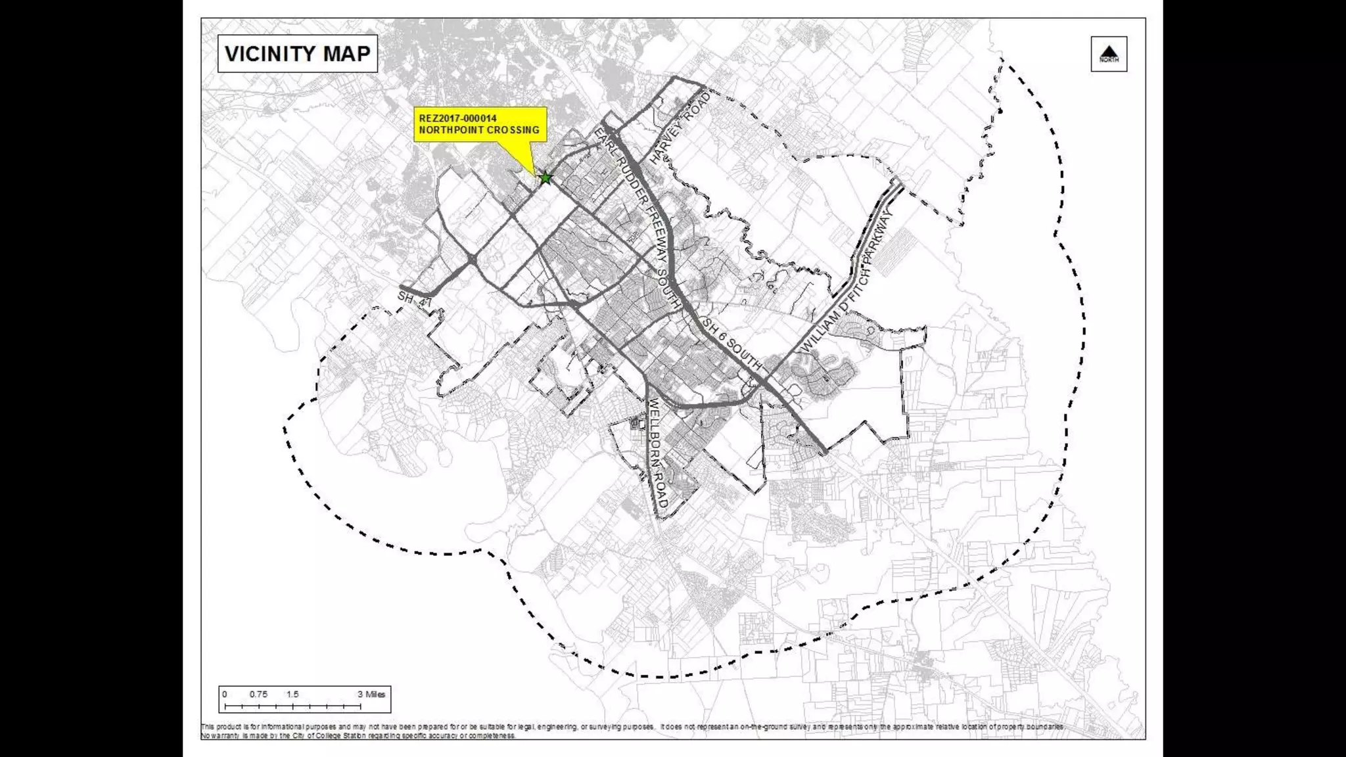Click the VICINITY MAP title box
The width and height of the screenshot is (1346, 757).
297,54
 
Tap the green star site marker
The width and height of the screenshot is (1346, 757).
545,177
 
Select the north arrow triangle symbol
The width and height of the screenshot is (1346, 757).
1109,51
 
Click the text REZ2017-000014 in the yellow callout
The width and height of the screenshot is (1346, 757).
457,118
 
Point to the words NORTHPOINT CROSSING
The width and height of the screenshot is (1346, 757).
479,130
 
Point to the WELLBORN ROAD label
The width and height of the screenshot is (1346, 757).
658,453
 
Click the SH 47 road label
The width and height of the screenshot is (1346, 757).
415,300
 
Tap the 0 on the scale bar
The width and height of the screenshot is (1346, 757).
225,695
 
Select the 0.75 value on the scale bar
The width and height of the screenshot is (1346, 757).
258,695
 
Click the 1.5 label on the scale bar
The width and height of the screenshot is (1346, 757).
292,695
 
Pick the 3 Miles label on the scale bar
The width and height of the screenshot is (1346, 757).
371,695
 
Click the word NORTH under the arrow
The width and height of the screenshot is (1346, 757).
1109,60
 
